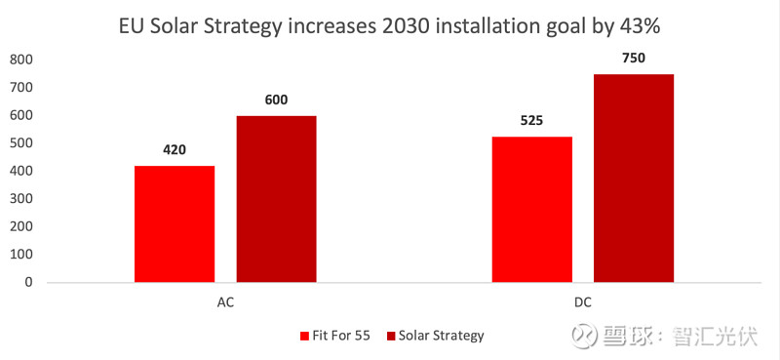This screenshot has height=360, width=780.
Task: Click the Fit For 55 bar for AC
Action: click(x=175, y=223)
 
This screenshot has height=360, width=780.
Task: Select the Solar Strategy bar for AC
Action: click(x=276, y=199)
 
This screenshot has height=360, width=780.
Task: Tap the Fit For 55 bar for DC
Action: click(x=531, y=209)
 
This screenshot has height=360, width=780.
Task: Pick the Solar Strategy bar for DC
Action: click(x=633, y=178)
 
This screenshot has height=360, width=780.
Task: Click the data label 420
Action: click(x=175, y=150)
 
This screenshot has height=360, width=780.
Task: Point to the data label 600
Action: click(x=276, y=100)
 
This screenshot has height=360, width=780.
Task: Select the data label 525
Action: click(x=531, y=121)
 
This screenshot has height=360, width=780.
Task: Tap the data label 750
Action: click(x=633, y=59)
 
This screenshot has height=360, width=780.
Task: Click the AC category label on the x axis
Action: click(x=225, y=301)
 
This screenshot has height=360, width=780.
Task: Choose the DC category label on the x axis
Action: click(x=582, y=301)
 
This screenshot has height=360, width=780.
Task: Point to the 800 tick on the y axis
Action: click(x=21, y=60)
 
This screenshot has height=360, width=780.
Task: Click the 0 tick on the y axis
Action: click(x=29, y=282)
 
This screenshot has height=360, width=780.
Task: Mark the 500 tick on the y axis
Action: click(x=21, y=143)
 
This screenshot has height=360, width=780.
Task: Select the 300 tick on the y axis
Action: click(x=21, y=199)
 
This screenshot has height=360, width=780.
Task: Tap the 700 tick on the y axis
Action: click(x=21, y=88)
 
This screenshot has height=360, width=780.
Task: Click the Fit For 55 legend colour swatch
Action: click(x=303, y=336)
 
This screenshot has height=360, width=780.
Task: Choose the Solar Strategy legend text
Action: click(x=442, y=336)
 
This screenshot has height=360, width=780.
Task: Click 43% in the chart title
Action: click(x=649, y=21)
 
